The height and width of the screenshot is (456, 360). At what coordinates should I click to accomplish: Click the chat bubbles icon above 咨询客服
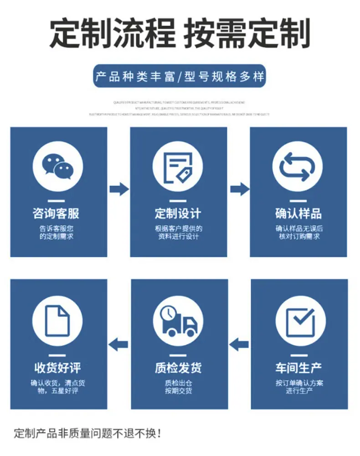[x=58, y=166]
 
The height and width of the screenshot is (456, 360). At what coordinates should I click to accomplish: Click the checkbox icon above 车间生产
[x=300, y=318]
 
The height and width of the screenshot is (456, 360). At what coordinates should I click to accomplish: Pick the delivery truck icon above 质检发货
[x=178, y=318]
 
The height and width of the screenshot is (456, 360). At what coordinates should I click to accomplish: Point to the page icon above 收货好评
[x=58, y=318]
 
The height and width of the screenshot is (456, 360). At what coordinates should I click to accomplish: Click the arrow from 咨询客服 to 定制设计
[x=119, y=188]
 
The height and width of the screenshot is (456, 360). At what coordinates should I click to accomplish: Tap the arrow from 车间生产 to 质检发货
[x=239, y=344]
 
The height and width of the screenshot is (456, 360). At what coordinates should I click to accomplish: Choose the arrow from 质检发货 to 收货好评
[x=119, y=344]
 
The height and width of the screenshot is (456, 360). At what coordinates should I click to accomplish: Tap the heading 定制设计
[x=178, y=213]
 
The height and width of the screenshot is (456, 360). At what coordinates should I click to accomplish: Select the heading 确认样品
[x=298, y=213]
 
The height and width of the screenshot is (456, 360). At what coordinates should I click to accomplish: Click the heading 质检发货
[x=178, y=367]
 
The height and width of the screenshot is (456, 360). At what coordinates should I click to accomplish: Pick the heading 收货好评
[x=58, y=367]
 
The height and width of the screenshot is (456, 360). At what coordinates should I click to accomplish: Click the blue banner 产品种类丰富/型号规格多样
[x=179, y=76]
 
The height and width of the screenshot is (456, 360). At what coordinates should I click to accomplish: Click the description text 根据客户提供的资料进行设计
[x=178, y=233]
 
